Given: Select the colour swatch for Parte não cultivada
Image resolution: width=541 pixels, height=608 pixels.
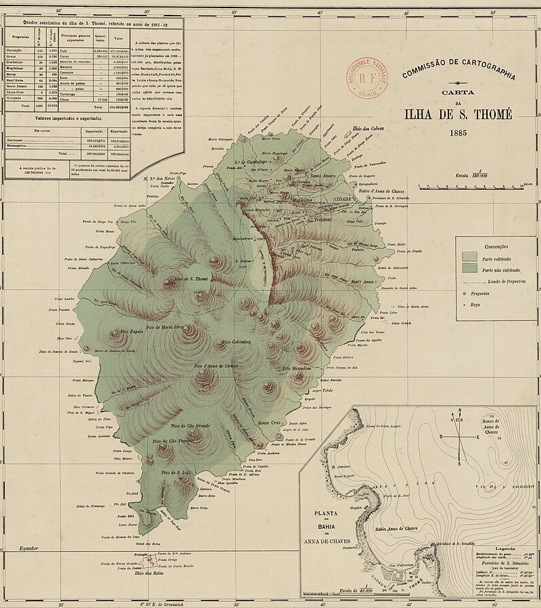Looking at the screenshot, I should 469,269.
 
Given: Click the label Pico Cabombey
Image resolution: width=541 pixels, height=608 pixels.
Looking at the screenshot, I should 237,342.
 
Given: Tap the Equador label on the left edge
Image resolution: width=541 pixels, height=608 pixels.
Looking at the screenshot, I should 30,547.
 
